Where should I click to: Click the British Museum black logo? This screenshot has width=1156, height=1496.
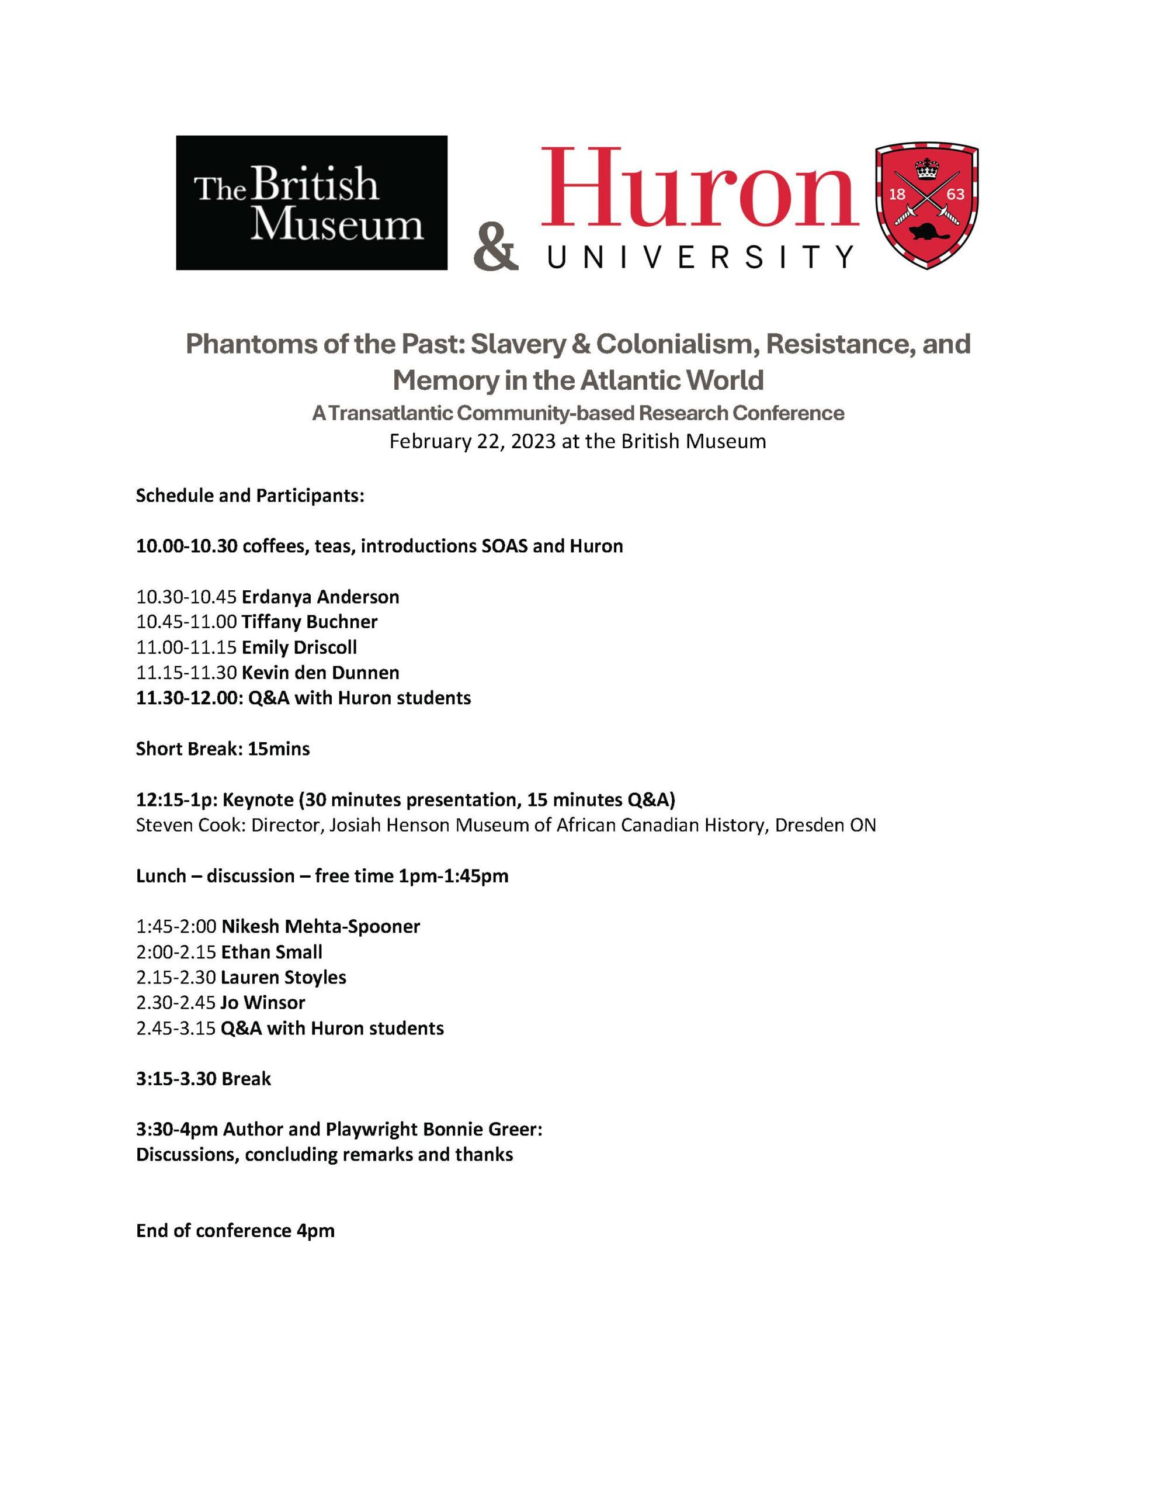pyautogui.click(x=311, y=203)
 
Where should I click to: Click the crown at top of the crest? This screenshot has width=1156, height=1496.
pyautogui.click(x=926, y=167)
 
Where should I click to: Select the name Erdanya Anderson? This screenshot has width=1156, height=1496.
pyautogui.click(x=320, y=597)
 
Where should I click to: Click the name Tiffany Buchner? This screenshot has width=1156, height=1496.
pyautogui.click(x=309, y=622)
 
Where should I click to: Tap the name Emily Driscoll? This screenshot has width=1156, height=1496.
pyautogui.click(x=299, y=647)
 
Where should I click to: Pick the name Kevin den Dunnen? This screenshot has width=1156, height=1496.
pyautogui.click(x=320, y=673)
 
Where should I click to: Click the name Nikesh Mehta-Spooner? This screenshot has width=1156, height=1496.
pyautogui.click(x=321, y=927)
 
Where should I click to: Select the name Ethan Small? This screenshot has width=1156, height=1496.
pyautogui.click(x=271, y=952)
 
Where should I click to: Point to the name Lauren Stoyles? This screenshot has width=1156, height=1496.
pyautogui.click(x=283, y=978)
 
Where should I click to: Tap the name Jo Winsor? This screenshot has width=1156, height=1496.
pyautogui.click(x=262, y=1003)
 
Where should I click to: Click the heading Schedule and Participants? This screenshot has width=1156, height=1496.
pyautogui.click(x=250, y=495)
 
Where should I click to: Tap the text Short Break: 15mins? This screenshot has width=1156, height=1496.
pyautogui.click(x=223, y=749)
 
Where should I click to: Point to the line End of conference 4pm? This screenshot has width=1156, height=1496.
pyautogui.click(x=235, y=1231)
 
